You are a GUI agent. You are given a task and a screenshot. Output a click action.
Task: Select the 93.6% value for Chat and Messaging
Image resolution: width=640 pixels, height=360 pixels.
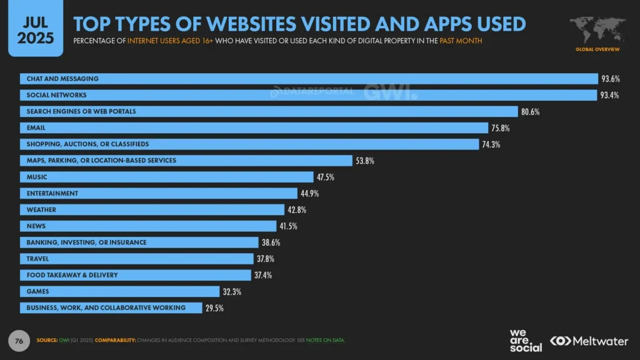pyautogui.click(x=611, y=79)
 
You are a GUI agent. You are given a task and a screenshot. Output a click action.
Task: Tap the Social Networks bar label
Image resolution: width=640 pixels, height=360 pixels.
pyautogui.click(x=56, y=95)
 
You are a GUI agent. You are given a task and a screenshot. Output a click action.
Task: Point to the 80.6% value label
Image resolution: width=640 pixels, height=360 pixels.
pyautogui.click(x=530, y=112)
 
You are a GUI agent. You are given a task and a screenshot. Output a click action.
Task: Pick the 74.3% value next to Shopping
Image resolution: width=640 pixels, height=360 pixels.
pyautogui.click(x=491, y=144)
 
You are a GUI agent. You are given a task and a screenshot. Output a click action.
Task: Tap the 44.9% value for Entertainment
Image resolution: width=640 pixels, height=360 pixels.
pyautogui.click(x=309, y=193)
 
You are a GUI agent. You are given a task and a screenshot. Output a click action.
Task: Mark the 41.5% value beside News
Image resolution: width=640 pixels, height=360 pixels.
pyautogui.click(x=288, y=226)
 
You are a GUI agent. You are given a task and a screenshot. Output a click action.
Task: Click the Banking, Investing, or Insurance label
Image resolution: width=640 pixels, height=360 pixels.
pyautogui.click(x=86, y=242)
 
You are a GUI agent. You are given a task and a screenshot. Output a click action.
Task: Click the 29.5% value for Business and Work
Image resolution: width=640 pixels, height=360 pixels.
pyautogui.click(x=214, y=307)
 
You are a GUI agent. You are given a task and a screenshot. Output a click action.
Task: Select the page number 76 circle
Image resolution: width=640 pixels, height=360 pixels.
pyautogui.click(x=19, y=341)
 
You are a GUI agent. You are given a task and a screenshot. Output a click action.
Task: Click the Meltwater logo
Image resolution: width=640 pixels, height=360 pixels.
pyautogui.click(x=590, y=341)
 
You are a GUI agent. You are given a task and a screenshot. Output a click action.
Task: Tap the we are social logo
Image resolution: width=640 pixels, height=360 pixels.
pyautogui.click(x=526, y=340)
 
